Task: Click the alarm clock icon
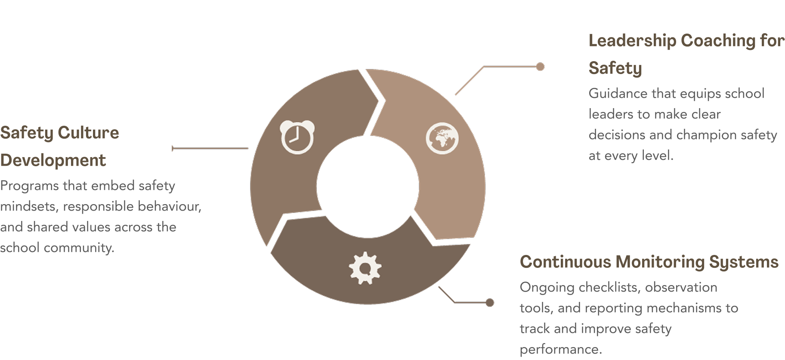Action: (x=297, y=137)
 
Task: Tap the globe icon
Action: (x=442, y=138)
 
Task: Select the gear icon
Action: (x=365, y=268)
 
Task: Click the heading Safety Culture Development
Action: (x=59, y=146)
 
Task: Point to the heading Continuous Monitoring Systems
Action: (x=649, y=262)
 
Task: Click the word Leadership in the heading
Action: (x=632, y=41)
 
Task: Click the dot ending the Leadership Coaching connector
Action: (x=540, y=67)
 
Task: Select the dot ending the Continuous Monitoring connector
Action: (x=489, y=303)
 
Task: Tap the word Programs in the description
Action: (x=29, y=186)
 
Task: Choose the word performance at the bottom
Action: (x=560, y=349)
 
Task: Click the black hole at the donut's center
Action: (x=368, y=187)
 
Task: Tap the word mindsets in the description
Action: (x=28, y=207)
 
